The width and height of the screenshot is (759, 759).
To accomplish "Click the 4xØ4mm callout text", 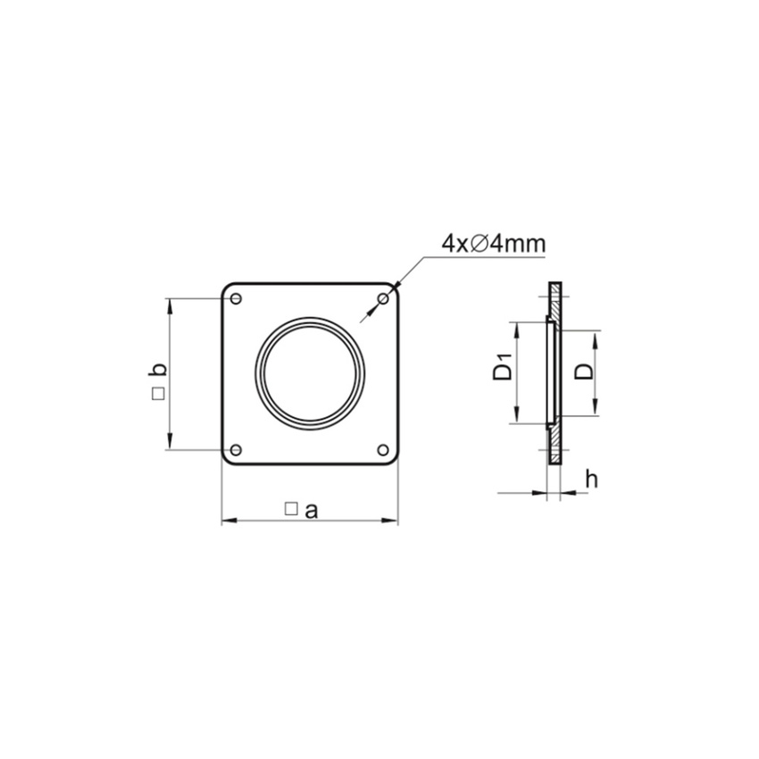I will pyautogui.click(x=494, y=243).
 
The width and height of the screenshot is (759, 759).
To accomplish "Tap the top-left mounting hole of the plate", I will pyautogui.click(x=236, y=298).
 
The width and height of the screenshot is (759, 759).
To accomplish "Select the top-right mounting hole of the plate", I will pyautogui.click(x=383, y=297).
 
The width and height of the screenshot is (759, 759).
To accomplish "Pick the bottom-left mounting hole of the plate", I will pyautogui.click(x=236, y=449).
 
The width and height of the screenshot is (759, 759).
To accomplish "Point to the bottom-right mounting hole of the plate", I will pyautogui.click(x=383, y=449).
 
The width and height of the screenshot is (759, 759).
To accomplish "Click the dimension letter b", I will pyautogui.click(x=156, y=370).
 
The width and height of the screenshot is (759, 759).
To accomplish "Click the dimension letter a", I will pyautogui.click(x=311, y=510).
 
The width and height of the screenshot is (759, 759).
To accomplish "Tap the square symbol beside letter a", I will pyautogui.click(x=290, y=509).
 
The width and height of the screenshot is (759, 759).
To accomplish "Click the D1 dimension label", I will pyautogui.click(x=503, y=367).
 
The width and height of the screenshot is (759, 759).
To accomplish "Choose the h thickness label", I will pyautogui.click(x=590, y=480).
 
